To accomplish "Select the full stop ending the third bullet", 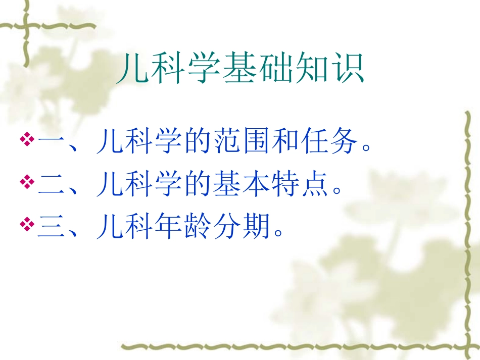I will pos(277,233).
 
